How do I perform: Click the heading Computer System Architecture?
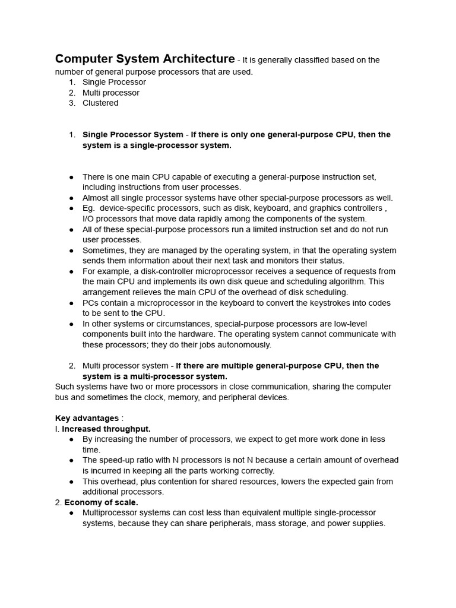click(x=145, y=59)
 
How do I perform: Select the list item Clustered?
click(x=100, y=103)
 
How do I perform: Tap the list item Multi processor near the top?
click(x=111, y=93)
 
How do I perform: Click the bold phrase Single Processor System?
click(x=132, y=135)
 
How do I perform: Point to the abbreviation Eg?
click(x=88, y=208)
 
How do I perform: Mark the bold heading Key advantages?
click(x=87, y=419)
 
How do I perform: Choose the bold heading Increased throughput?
click(x=106, y=429)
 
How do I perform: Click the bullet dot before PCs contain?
click(x=71, y=303)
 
